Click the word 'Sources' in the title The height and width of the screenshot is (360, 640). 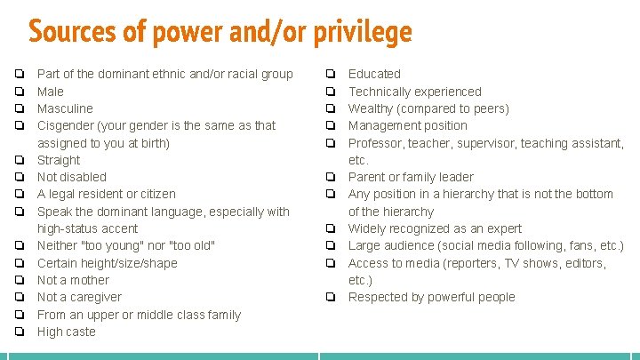click(x=74, y=33)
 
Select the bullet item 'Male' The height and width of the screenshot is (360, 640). click(x=51, y=92)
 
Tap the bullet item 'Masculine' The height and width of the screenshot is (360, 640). click(x=65, y=108)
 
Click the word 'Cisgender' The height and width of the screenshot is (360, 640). click(x=68, y=125)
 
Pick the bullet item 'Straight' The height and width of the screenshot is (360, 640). click(x=59, y=160)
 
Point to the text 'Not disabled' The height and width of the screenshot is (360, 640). click(x=71, y=177)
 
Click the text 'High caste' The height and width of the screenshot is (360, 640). click(x=66, y=332)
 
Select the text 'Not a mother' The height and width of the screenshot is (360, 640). click(x=74, y=280)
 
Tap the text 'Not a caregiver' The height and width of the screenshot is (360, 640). click(x=79, y=297)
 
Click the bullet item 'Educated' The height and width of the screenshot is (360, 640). click(x=374, y=74)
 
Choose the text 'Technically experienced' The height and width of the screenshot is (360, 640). click(x=414, y=92)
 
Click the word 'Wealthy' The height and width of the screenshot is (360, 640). click(x=372, y=108)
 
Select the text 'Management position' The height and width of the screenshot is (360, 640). click(x=407, y=125)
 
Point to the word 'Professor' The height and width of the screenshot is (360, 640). click(x=376, y=143)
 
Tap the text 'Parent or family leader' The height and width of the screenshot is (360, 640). click(x=411, y=177)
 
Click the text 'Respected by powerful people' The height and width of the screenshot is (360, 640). click(x=431, y=297)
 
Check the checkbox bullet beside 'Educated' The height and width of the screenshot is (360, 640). click(x=331, y=74)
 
